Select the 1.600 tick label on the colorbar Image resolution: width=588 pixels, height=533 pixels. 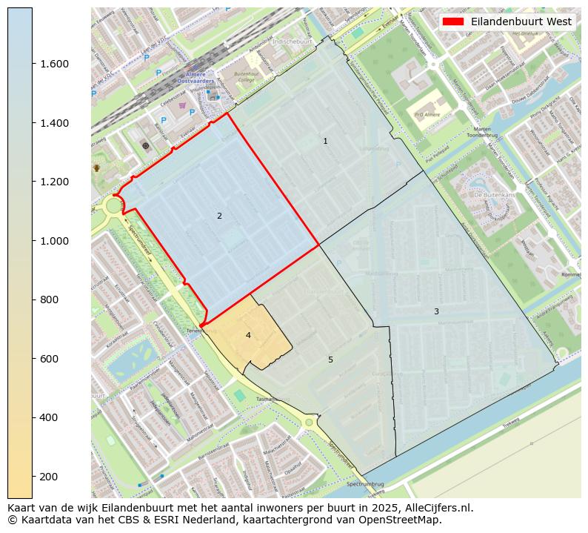point(56,64)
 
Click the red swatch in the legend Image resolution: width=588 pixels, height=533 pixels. point(452,21)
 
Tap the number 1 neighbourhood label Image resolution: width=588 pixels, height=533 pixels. point(325,141)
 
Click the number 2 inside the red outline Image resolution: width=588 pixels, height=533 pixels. point(219,216)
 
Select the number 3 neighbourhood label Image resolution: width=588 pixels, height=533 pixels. point(436,311)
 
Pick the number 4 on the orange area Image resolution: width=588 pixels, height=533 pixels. point(248,335)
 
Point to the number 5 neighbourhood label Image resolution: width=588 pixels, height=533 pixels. point(331,360)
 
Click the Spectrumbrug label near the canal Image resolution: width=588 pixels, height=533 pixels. point(362,484)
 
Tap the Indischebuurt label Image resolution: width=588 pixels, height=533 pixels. point(292,42)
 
